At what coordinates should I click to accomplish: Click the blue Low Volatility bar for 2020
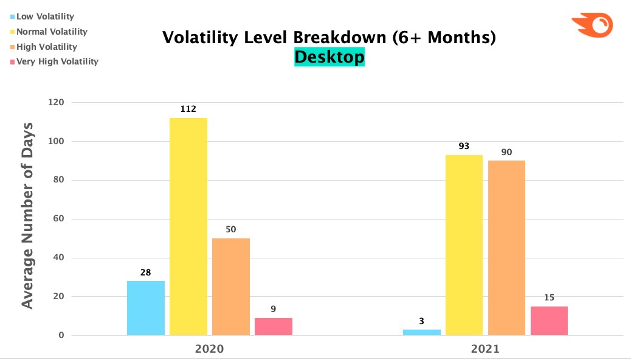146,308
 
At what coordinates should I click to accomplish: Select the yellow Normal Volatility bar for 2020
188,226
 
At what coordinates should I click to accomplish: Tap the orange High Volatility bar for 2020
231,286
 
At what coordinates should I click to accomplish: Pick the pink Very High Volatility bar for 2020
274,327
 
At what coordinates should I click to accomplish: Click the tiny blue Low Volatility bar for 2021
422,332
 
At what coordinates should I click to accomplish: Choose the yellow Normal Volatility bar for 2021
464,245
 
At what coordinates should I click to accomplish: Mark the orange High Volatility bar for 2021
506,247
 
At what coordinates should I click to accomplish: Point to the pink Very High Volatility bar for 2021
549,320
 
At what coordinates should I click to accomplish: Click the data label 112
188,109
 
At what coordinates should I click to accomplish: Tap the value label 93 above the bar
464,147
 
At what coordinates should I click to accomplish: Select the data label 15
549,298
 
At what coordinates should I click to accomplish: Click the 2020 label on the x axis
209,350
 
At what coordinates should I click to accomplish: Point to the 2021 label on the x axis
485,350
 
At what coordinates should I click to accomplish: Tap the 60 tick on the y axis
58,219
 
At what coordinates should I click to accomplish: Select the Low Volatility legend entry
43,16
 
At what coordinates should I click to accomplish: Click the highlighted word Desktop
329,57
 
